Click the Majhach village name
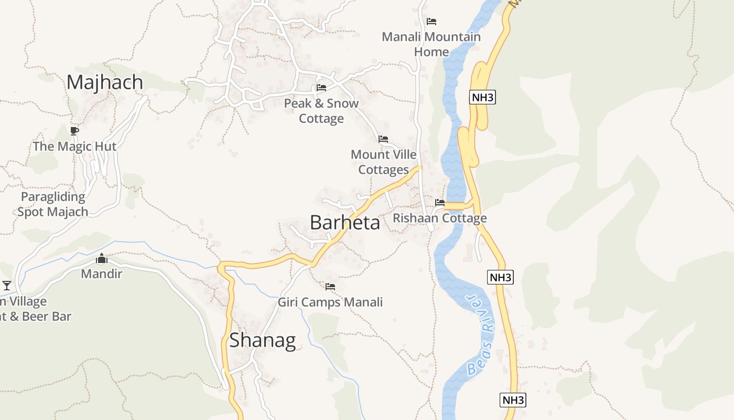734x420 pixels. click(105, 82)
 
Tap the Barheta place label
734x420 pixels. click(344, 223)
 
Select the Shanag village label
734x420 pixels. click(262, 340)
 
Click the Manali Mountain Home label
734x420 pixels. click(431, 44)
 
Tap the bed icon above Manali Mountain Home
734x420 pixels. click(431, 22)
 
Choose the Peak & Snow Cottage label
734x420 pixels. click(321, 111)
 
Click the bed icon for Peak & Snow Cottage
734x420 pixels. click(321, 88)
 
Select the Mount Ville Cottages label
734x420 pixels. click(383, 162)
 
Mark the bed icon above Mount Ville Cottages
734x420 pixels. click(383, 139)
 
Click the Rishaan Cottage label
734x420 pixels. click(439, 218)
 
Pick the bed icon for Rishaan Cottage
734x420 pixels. click(439, 202)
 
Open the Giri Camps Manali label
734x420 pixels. click(330, 302)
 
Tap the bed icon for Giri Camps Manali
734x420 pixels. click(330, 286)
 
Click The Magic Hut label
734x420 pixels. click(74, 146)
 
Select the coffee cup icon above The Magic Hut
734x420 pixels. click(74, 131)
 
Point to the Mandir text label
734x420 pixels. click(101, 274)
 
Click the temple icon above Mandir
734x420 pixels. click(102, 258)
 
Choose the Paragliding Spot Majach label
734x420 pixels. click(52, 204)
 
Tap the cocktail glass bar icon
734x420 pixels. click(7, 285)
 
